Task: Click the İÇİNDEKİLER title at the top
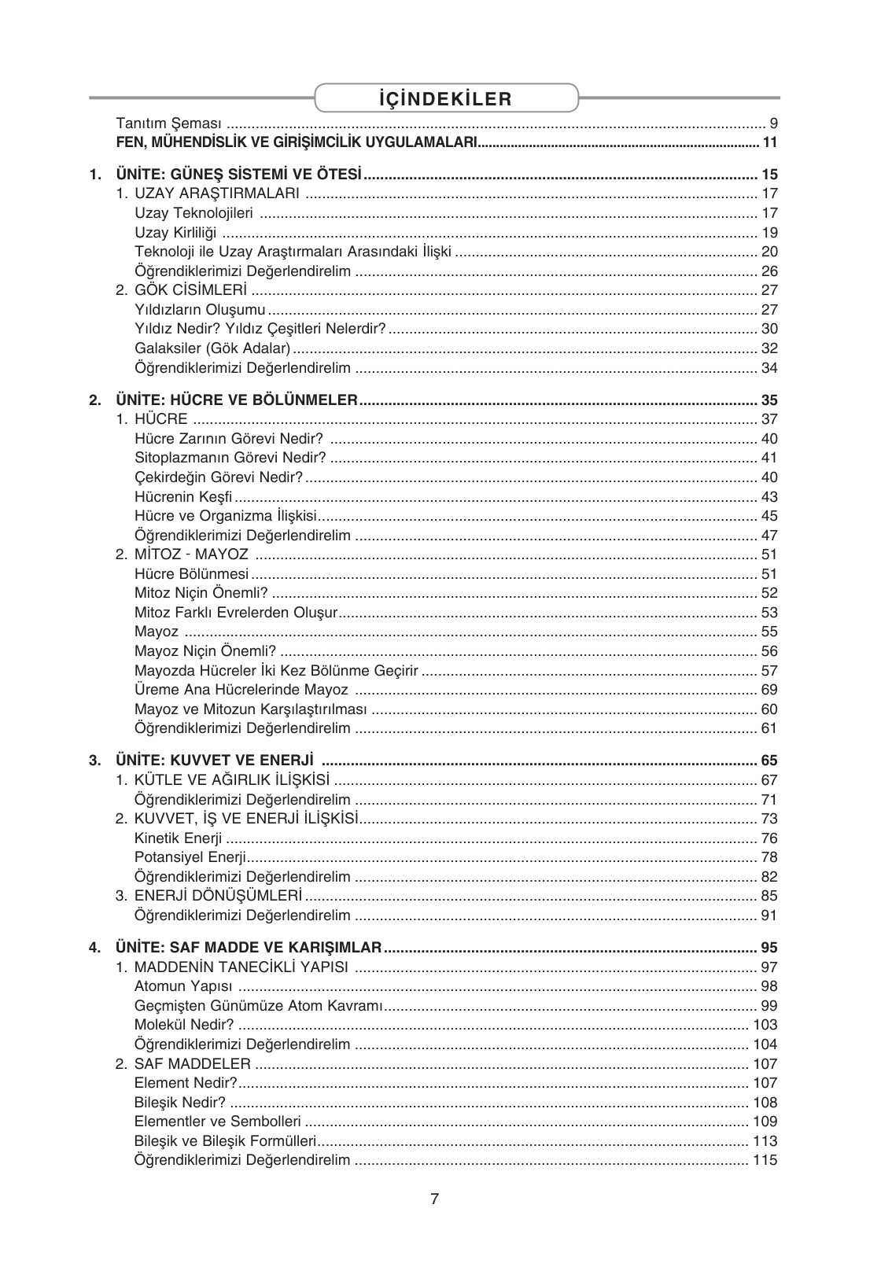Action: pyautogui.click(x=444, y=98)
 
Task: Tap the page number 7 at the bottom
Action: pyautogui.click(x=434, y=1199)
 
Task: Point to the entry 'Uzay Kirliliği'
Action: pyautogui.click(x=175, y=232)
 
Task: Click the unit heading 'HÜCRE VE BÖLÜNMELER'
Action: pyautogui.click(x=237, y=400)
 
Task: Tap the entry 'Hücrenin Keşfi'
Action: pyautogui.click(x=183, y=497)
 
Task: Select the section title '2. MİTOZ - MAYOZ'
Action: pyautogui.click(x=182, y=554)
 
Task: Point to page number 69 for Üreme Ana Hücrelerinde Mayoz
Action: pyautogui.click(x=769, y=690)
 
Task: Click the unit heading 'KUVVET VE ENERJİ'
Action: pyautogui.click(x=215, y=761)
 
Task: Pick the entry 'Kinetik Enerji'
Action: pyautogui.click(x=178, y=838)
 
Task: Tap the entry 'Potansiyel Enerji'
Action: pyautogui.click(x=190, y=857)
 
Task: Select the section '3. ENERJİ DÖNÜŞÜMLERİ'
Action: pyautogui.click(x=208, y=896)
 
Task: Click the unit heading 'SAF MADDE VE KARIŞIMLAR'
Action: pyautogui.click(x=249, y=947)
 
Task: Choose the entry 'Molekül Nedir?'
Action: pyautogui.click(x=184, y=1025)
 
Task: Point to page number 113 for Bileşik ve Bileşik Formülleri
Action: pyautogui.click(x=765, y=1141)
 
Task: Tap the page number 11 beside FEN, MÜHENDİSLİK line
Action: pyautogui.click(x=769, y=142)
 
